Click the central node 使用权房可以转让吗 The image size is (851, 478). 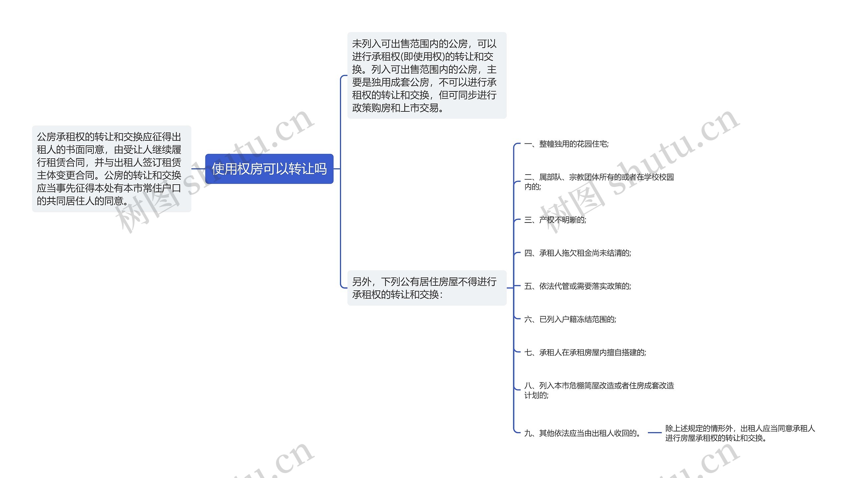point(269,169)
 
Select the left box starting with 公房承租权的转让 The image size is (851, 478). point(111,169)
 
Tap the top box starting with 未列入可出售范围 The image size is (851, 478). point(426,76)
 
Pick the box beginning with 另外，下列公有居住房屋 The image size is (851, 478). point(426,288)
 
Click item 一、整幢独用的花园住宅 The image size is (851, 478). point(566,144)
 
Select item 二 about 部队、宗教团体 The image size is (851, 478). point(599,182)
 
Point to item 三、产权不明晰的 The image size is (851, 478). point(555,220)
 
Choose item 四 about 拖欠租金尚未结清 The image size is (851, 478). point(577,253)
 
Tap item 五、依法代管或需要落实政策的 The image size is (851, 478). point(577,286)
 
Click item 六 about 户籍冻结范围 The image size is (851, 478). point(570,319)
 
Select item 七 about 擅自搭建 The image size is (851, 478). point(585,353)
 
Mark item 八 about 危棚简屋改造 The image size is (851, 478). point(599,390)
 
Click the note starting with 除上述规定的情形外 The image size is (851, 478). point(740,433)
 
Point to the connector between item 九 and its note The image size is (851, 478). point(655,433)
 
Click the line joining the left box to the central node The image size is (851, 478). point(198,169)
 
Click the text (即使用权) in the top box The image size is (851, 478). point(423,57)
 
